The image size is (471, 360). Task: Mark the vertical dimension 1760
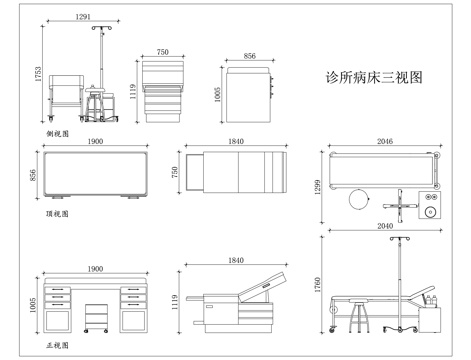pyautogui.click(x=319, y=287)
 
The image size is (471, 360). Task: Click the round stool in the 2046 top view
pyautogui.click(x=358, y=200)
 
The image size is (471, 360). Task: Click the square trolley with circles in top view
pyautogui.click(x=431, y=206)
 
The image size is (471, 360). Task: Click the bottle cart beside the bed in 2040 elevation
pyautogui.click(x=431, y=314)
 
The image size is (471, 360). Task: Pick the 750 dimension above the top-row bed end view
pyautogui.click(x=162, y=51)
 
